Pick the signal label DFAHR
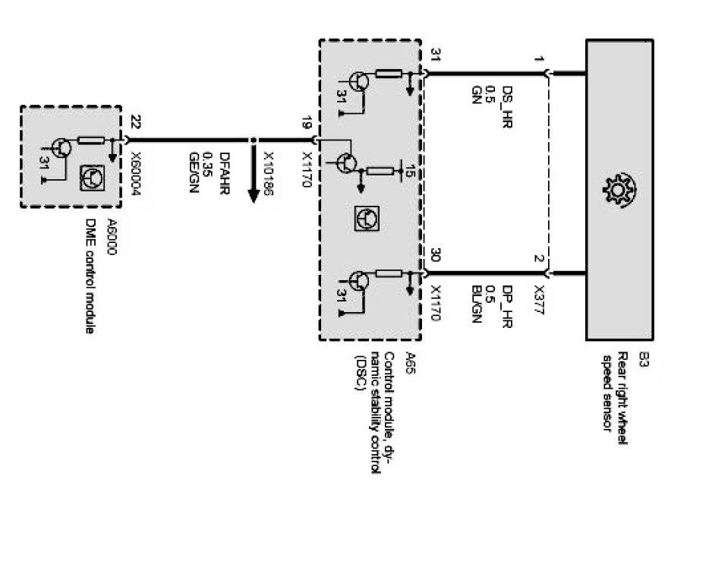(x=223, y=171)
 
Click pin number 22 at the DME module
(x=135, y=121)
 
